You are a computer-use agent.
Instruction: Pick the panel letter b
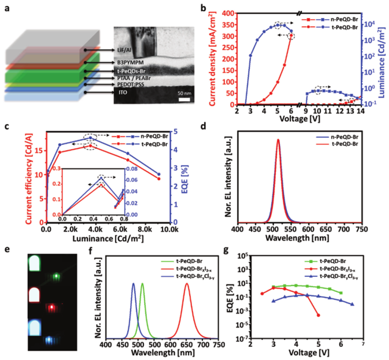point(204,8)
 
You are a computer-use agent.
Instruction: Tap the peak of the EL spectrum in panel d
point(278,140)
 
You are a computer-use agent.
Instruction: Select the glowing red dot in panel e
point(52,307)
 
